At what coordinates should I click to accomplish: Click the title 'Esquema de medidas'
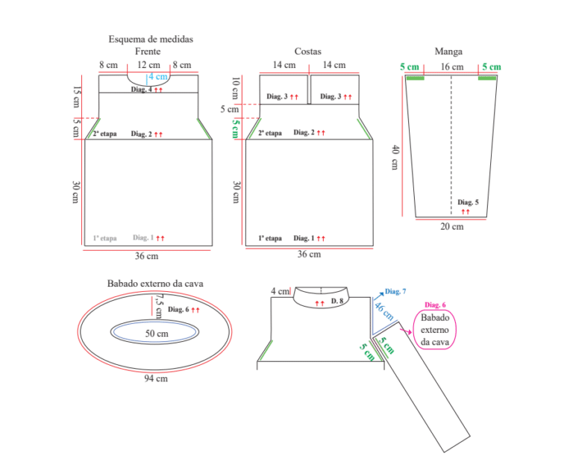pos(151,39)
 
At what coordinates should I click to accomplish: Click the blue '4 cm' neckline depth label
pos(158,77)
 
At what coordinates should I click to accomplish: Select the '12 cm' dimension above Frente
pos(148,65)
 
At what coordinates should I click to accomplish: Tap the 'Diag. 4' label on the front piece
pos(142,90)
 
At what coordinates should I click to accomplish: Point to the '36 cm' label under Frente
pos(146,256)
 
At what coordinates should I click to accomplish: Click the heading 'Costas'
pos(307,52)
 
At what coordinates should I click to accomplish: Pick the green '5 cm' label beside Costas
pos(236,128)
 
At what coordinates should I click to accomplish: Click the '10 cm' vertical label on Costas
pos(236,88)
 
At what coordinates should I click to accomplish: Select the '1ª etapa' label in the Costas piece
pos(270,238)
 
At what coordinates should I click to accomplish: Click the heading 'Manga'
pos(448,52)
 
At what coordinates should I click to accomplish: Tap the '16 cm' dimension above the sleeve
pos(452,67)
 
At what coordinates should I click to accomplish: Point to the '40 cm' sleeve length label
pos(395,158)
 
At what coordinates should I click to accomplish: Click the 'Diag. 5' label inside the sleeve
pos(468,202)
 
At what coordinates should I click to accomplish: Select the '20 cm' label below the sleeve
pos(452,227)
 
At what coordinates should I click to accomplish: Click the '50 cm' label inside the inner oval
pos(157,334)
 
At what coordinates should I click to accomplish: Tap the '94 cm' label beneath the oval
pos(156,378)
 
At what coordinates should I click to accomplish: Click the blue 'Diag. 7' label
pos(395,292)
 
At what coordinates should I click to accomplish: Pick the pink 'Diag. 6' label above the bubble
pos(435,305)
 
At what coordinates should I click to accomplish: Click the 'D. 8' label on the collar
pos(337,301)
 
